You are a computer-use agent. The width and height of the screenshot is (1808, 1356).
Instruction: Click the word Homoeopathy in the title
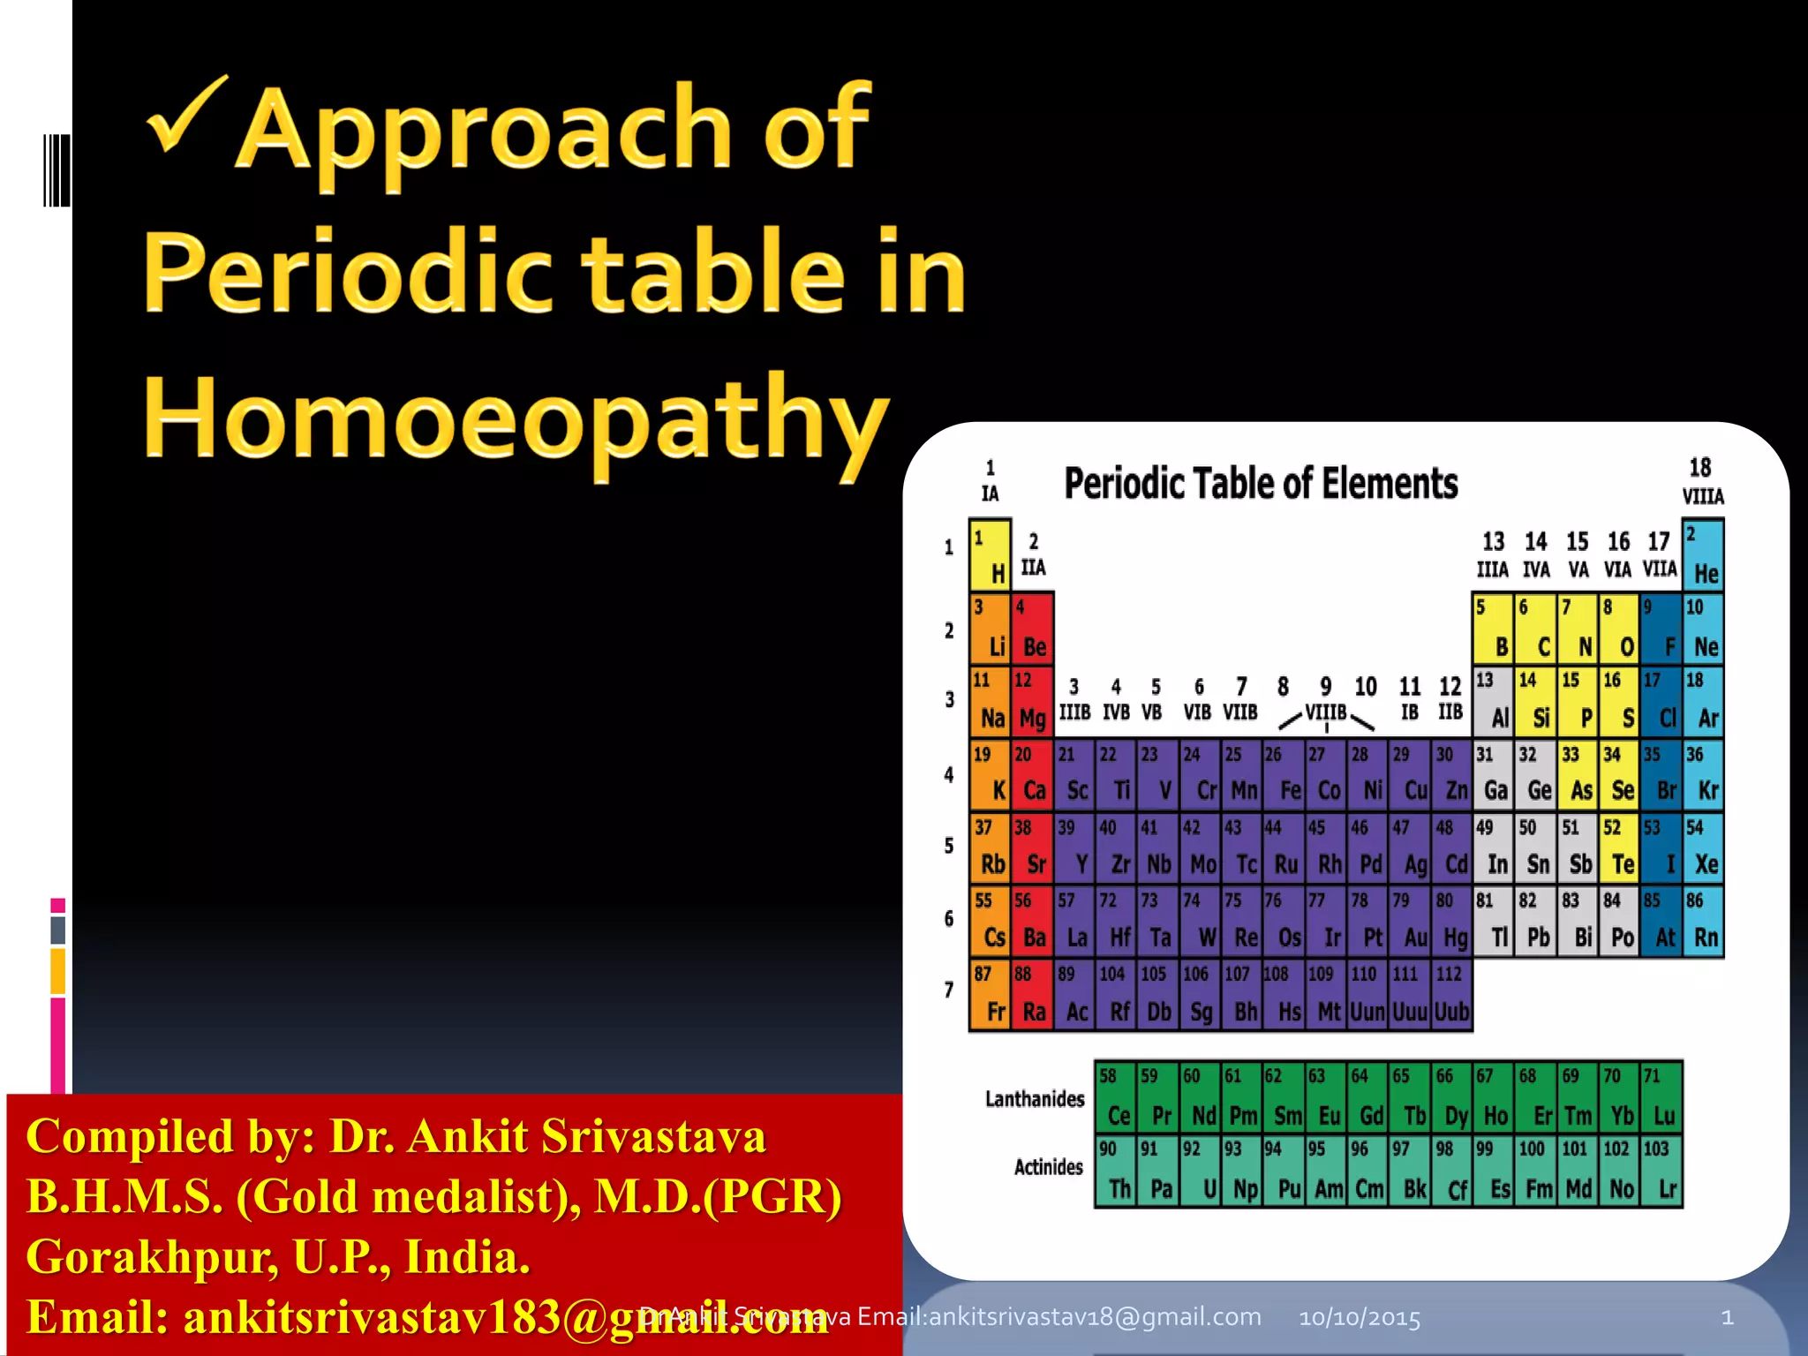tap(516, 419)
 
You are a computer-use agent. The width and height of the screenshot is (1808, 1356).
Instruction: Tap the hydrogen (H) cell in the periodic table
tap(990, 556)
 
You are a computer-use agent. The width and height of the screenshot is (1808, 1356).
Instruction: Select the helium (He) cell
tap(1703, 556)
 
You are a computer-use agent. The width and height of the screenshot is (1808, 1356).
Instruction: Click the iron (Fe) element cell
tap(1284, 776)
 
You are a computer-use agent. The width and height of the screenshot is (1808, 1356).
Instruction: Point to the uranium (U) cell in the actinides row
tap(1202, 1172)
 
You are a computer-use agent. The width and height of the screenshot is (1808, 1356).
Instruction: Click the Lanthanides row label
tap(1035, 1099)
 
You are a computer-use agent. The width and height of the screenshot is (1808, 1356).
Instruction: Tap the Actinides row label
tap(1048, 1167)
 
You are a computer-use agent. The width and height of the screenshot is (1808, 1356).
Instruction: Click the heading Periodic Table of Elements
tap(1261, 484)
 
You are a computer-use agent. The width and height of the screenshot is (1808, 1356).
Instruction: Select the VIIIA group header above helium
tap(1703, 496)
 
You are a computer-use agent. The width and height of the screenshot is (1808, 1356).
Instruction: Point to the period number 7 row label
tap(949, 990)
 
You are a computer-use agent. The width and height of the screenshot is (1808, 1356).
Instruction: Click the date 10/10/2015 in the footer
tap(1360, 1318)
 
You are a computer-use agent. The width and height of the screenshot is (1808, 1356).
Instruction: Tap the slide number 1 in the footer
tap(1728, 1318)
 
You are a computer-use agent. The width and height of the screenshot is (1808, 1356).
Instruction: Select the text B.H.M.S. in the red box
tap(124, 1196)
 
